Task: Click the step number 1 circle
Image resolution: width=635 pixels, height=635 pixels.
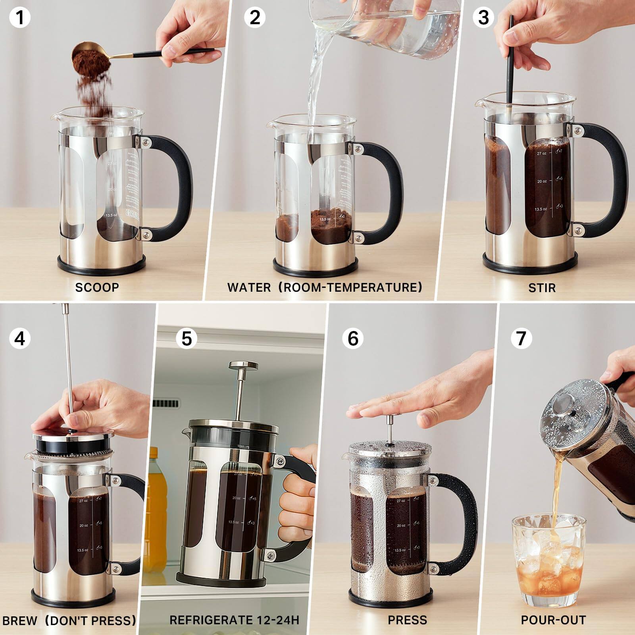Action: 19,18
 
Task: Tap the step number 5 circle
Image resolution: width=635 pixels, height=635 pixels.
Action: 187,339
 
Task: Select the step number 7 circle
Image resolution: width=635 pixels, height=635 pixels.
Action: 521,338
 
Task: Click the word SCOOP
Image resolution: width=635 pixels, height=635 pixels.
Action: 97,287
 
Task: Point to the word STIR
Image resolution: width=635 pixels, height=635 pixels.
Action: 542,288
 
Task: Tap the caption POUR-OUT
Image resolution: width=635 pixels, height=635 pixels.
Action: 553,620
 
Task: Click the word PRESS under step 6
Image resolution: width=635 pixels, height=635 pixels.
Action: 407,620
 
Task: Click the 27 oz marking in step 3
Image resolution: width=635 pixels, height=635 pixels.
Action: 541,153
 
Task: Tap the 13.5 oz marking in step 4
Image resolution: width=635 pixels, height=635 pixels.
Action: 83,550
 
